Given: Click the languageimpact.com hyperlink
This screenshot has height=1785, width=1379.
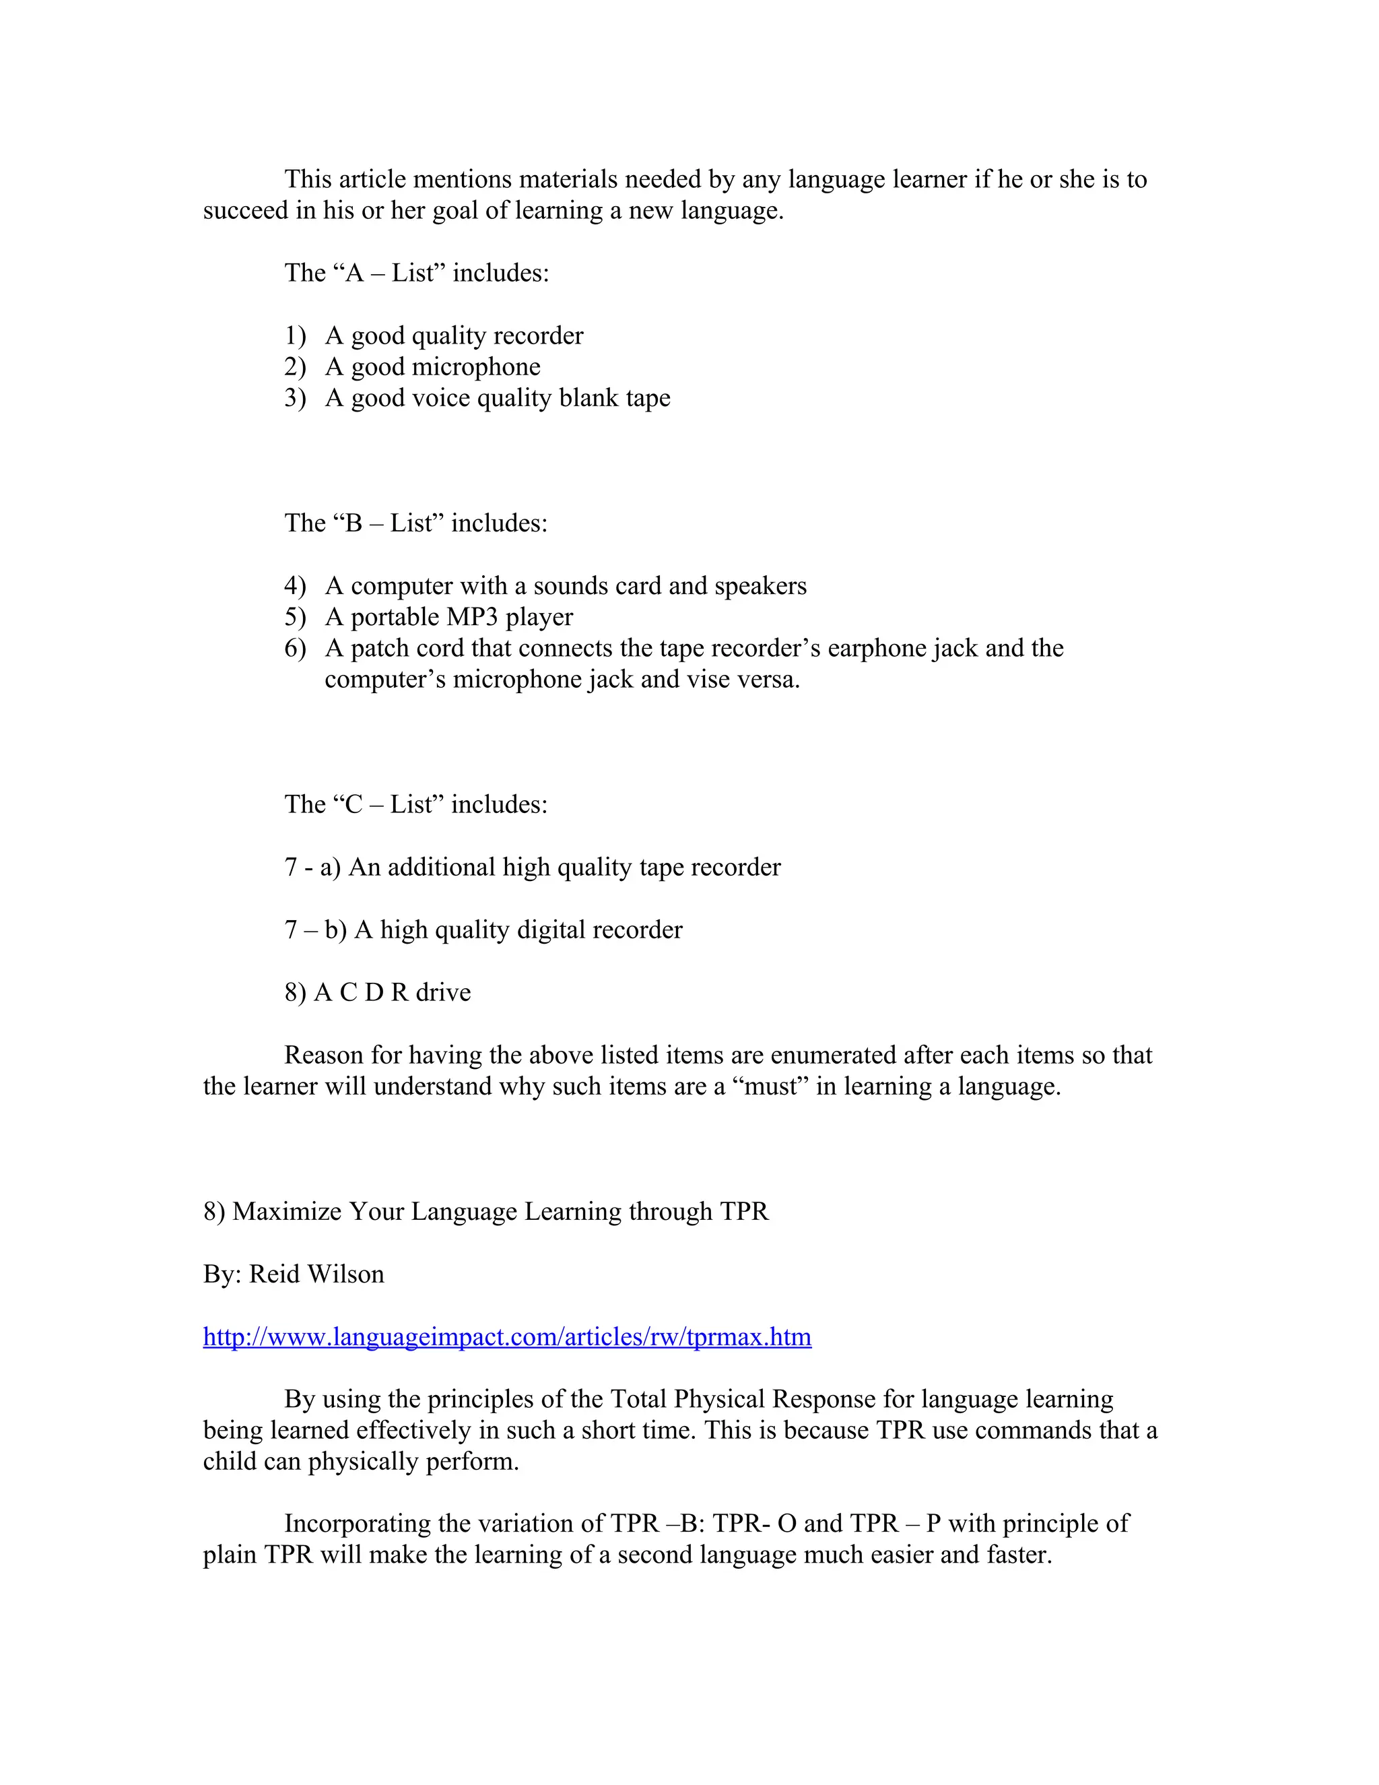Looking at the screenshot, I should (x=506, y=1337).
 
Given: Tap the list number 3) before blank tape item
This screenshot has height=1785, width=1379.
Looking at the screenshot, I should (x=295, y=398).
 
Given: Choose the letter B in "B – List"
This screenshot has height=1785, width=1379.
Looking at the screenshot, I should (x=353, y=523).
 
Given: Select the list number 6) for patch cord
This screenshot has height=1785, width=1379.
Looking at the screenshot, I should (x=295, y=649).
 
